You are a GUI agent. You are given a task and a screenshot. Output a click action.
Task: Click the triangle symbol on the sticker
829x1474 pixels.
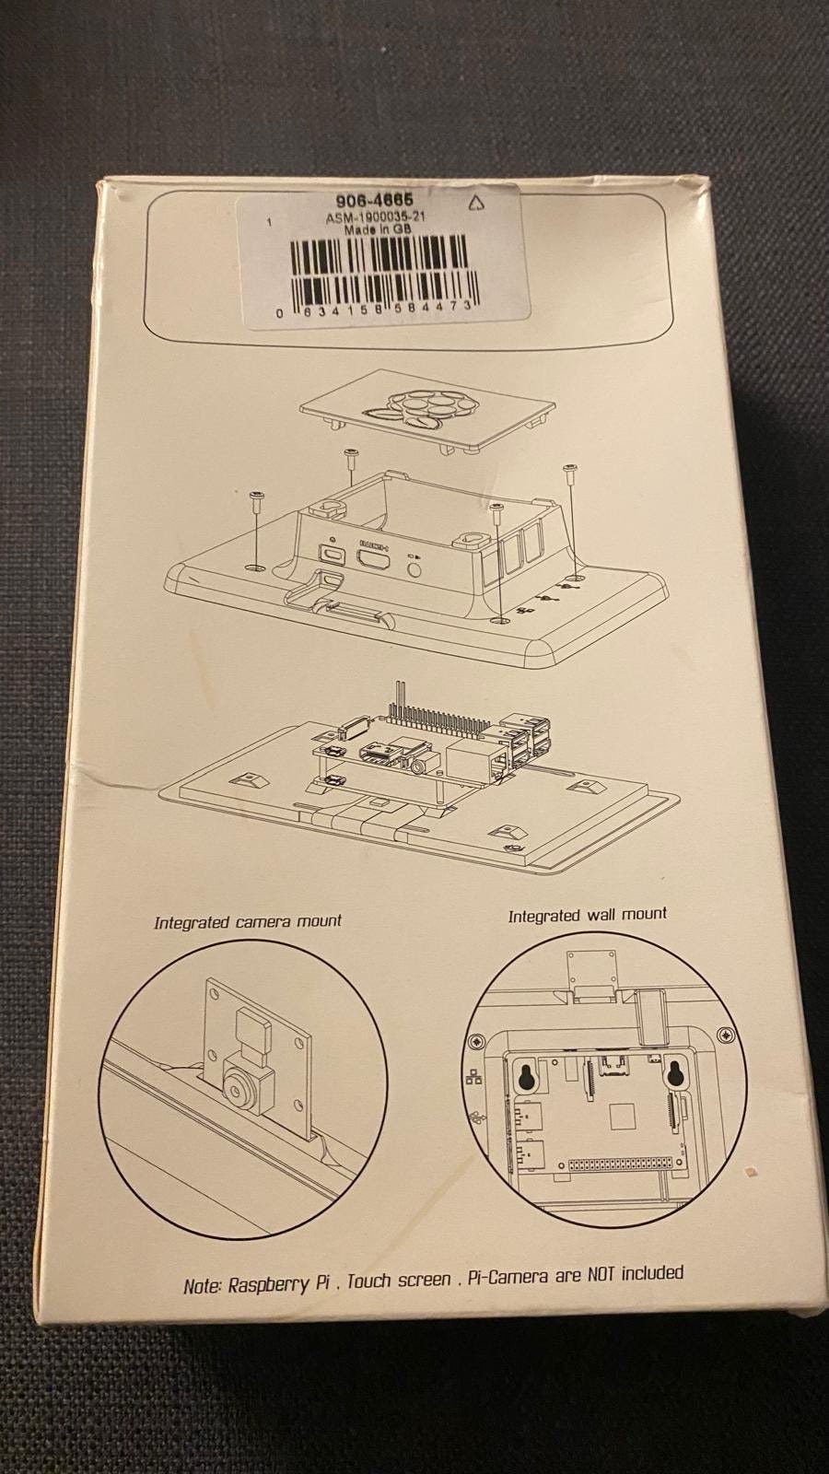(475, 204)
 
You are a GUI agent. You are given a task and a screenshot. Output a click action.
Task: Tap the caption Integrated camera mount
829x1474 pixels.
(248, 921)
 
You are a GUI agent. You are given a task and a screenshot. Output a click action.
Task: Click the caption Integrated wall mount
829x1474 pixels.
(588, 915)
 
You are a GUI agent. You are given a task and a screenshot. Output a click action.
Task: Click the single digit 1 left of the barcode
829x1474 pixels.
(270, 222)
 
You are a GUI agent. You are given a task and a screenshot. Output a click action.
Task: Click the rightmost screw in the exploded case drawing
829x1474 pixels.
(570, 487)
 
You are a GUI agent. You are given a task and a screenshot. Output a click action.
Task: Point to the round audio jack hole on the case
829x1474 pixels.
(414, 567)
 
